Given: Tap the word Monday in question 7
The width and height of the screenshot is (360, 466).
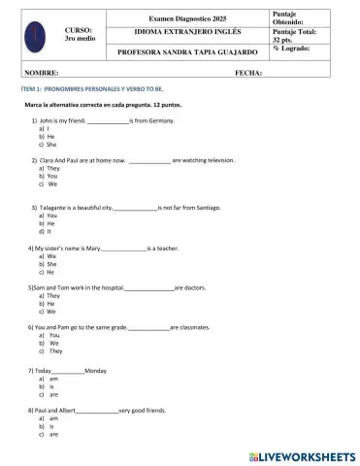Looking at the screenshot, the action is [96, 372].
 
